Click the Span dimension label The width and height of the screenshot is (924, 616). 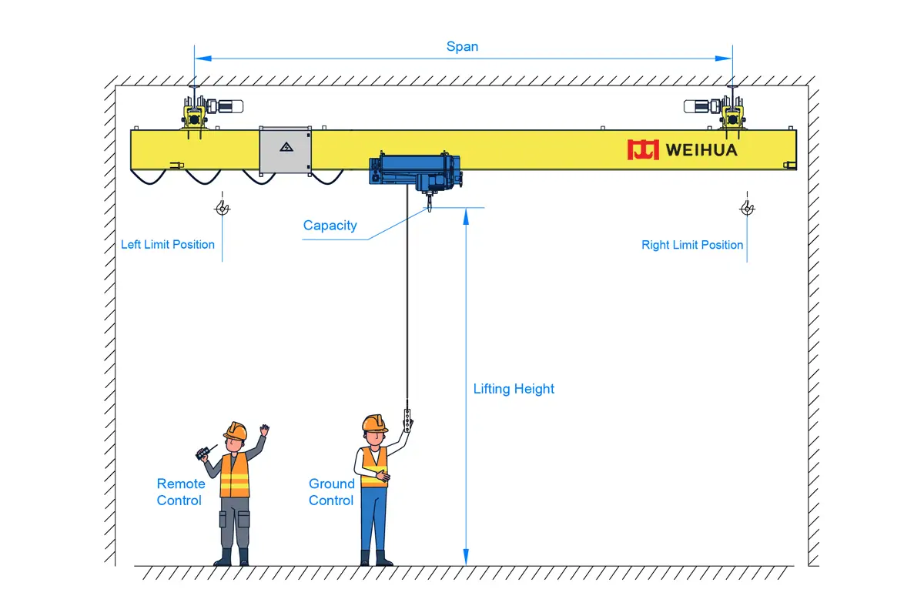pos(462,47)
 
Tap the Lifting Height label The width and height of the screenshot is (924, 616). pos(514,389)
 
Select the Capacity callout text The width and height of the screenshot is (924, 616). pos(330,226)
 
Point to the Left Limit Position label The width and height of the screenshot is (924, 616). pos(168,245)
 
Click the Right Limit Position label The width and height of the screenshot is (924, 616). pos(692,245)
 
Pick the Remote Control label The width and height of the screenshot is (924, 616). pos(181,492)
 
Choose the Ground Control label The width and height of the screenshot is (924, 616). pos(332,492)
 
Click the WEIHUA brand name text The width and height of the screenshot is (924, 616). pos(701,150)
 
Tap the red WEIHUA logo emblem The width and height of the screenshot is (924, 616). pos(643,149)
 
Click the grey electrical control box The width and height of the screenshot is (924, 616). pos(285,151)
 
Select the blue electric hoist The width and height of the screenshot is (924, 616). pos(415,173)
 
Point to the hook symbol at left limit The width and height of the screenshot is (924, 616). pos(223,208)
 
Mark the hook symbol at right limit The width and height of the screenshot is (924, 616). pos(747,208)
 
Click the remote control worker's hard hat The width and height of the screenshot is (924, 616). pos(236,430)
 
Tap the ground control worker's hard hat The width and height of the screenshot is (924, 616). pos(374,423)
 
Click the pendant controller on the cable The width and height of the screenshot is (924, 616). pos(407,420)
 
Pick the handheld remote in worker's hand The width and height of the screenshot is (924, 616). pos(203,454)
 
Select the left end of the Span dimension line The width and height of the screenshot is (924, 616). pos(195,59)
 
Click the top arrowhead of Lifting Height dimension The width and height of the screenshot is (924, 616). pos(466,217)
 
